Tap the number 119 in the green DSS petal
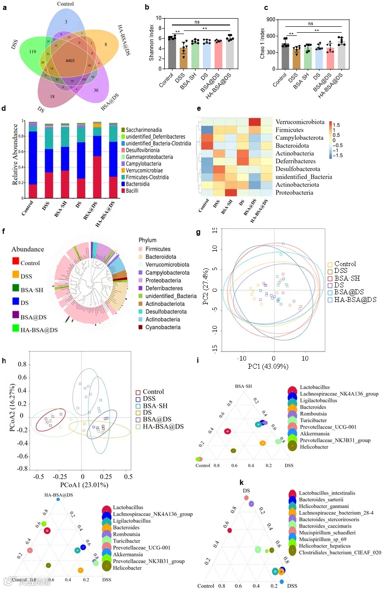click(33, 53)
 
